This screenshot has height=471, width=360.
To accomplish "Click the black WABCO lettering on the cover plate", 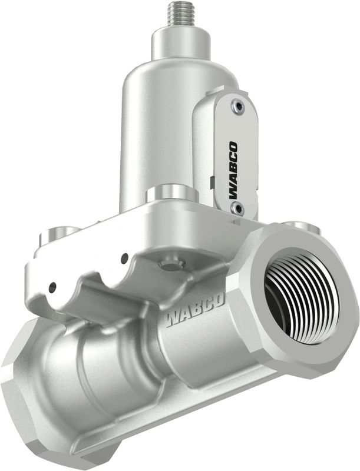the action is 233,170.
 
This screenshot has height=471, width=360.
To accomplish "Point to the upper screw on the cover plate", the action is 237,106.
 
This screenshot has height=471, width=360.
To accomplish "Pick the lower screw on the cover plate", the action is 237,208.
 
